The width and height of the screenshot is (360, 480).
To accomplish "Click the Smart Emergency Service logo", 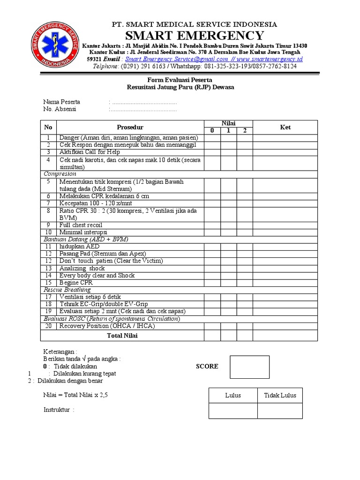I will pyautogui.click(x=52, y=45).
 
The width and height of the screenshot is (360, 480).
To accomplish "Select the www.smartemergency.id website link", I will pyautogui.click(x=270, y=59).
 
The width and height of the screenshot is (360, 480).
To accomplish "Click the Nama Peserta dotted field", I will pyautogui.click(x=142, y=102).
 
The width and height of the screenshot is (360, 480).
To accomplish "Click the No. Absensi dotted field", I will pyautogui.click(x=142, y=109).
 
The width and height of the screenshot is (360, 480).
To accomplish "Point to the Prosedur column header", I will pyautogui.click(x=130, y=127).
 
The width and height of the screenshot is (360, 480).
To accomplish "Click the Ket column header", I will pyautogui.click(x=285, y=127).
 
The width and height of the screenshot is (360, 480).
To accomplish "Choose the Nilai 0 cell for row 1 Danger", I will pyautogui.click(x=212, y=137).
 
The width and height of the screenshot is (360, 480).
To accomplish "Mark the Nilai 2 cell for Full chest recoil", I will pyautogui.click(x=244, y=225).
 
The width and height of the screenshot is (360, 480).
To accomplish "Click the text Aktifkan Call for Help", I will pyautogui.click(x=90, y=152).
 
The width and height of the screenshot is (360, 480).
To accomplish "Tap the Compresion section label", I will pyautogui.click(x=60, y=173).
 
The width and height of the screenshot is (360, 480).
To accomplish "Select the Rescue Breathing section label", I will pyautogui.click(x=67, y=290).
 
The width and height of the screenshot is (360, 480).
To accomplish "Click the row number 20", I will pyautogui.click(x=48, y=326).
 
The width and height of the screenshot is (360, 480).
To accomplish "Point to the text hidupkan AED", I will pyautogui.click(x=79, y=246).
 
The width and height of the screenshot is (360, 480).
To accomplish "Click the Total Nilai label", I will pyautogui.click(x=122, y=336).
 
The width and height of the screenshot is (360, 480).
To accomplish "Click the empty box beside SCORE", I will pyautogui.click(x=249, y=367).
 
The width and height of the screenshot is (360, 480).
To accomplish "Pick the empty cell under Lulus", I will pyautogui.click(x=232, y=411).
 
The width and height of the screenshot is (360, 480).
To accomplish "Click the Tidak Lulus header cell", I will pyautogui.click(x=280, y=395).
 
